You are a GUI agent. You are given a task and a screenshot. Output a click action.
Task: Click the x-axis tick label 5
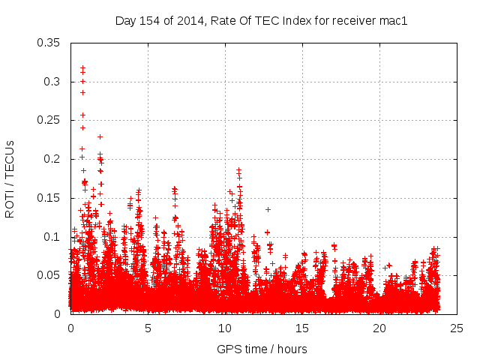tap(148, 328)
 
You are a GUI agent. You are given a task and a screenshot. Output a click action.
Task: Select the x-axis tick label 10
tap(225, 328)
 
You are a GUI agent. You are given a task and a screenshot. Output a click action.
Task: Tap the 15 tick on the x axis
tap(302, 328)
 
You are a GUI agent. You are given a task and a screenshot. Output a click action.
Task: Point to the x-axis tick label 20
tap(379, 328)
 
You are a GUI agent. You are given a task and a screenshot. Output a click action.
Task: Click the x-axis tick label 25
tap(457, 328)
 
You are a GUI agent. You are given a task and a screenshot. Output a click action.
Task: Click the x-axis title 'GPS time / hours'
tap(262, 349)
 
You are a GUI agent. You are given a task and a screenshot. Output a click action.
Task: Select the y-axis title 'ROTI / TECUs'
tap(10, 178)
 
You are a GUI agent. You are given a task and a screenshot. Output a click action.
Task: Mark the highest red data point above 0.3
tap(82, 67)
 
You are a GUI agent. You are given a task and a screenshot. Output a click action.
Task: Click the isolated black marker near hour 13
tap(268, 209)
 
